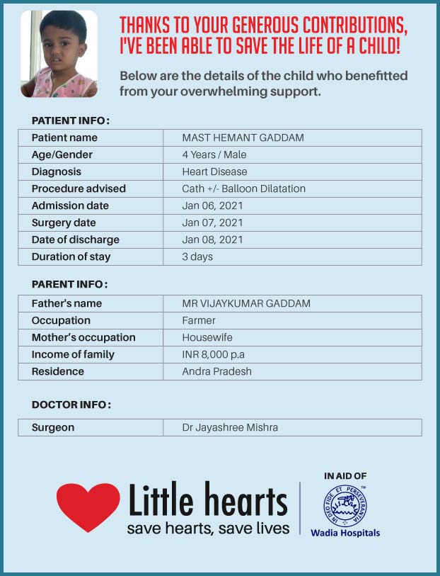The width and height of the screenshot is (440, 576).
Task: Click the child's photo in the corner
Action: click(59, 54)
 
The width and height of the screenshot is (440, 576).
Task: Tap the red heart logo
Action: click(88, 505)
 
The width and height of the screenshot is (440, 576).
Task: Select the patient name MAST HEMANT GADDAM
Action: click(243, 137)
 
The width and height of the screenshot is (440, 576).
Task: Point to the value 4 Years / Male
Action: click(214, 154)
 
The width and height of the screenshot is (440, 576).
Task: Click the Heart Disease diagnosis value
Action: click(214, 171)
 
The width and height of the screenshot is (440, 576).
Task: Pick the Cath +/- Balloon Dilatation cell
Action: click(243, 188)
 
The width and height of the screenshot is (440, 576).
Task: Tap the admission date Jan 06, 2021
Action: click(212, 205)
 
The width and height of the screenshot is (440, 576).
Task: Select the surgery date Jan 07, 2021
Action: click(212, 222)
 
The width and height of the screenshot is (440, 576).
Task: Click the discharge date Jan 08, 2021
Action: click(212, 239)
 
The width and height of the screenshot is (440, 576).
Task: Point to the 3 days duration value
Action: click(197, 256)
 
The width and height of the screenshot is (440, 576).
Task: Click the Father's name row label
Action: click(66, 303)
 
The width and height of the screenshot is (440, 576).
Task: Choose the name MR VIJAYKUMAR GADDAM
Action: click(246, 303)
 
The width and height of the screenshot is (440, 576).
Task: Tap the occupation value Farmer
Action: click(199, 320)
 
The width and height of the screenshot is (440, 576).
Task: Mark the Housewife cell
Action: click(207, 337)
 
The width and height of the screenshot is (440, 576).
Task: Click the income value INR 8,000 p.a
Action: click(214, 354)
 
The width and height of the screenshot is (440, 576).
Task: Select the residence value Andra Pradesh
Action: click(216, 371)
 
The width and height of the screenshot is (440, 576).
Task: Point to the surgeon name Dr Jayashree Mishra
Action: click(230, 427)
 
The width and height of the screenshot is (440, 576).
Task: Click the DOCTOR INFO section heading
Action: click(71, 405)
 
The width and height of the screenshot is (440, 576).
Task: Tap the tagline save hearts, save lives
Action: click(208, 529)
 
